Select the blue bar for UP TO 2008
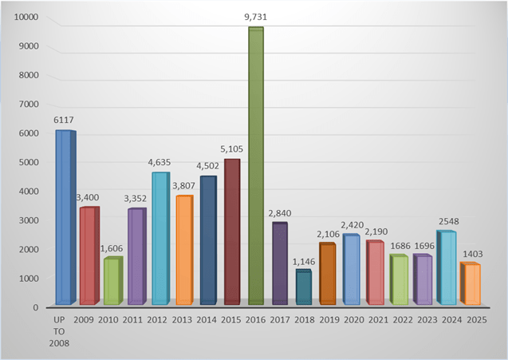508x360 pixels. click(x=64, y=217)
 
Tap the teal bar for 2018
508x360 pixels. click(x=303, y=287)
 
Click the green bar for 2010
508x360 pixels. click(x=112, y=281)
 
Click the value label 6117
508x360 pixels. click(x=64, y=120)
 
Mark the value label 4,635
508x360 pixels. click(x=159, y=162)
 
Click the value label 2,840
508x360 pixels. click(x=280, y=212)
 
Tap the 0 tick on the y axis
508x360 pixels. click(x=35, y=307)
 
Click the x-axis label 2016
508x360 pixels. click(x=256, y=319)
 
